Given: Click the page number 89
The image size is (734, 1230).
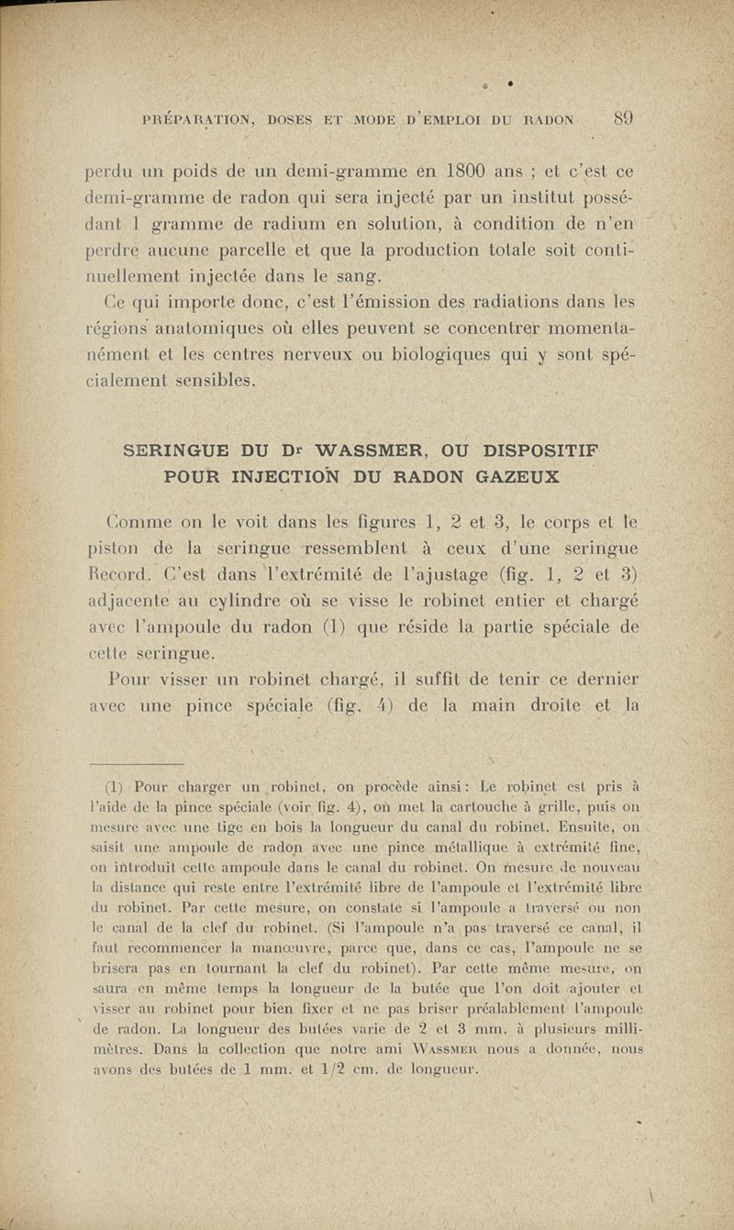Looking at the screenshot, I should [624, 117].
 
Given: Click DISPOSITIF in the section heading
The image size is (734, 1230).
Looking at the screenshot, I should [561, 453].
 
